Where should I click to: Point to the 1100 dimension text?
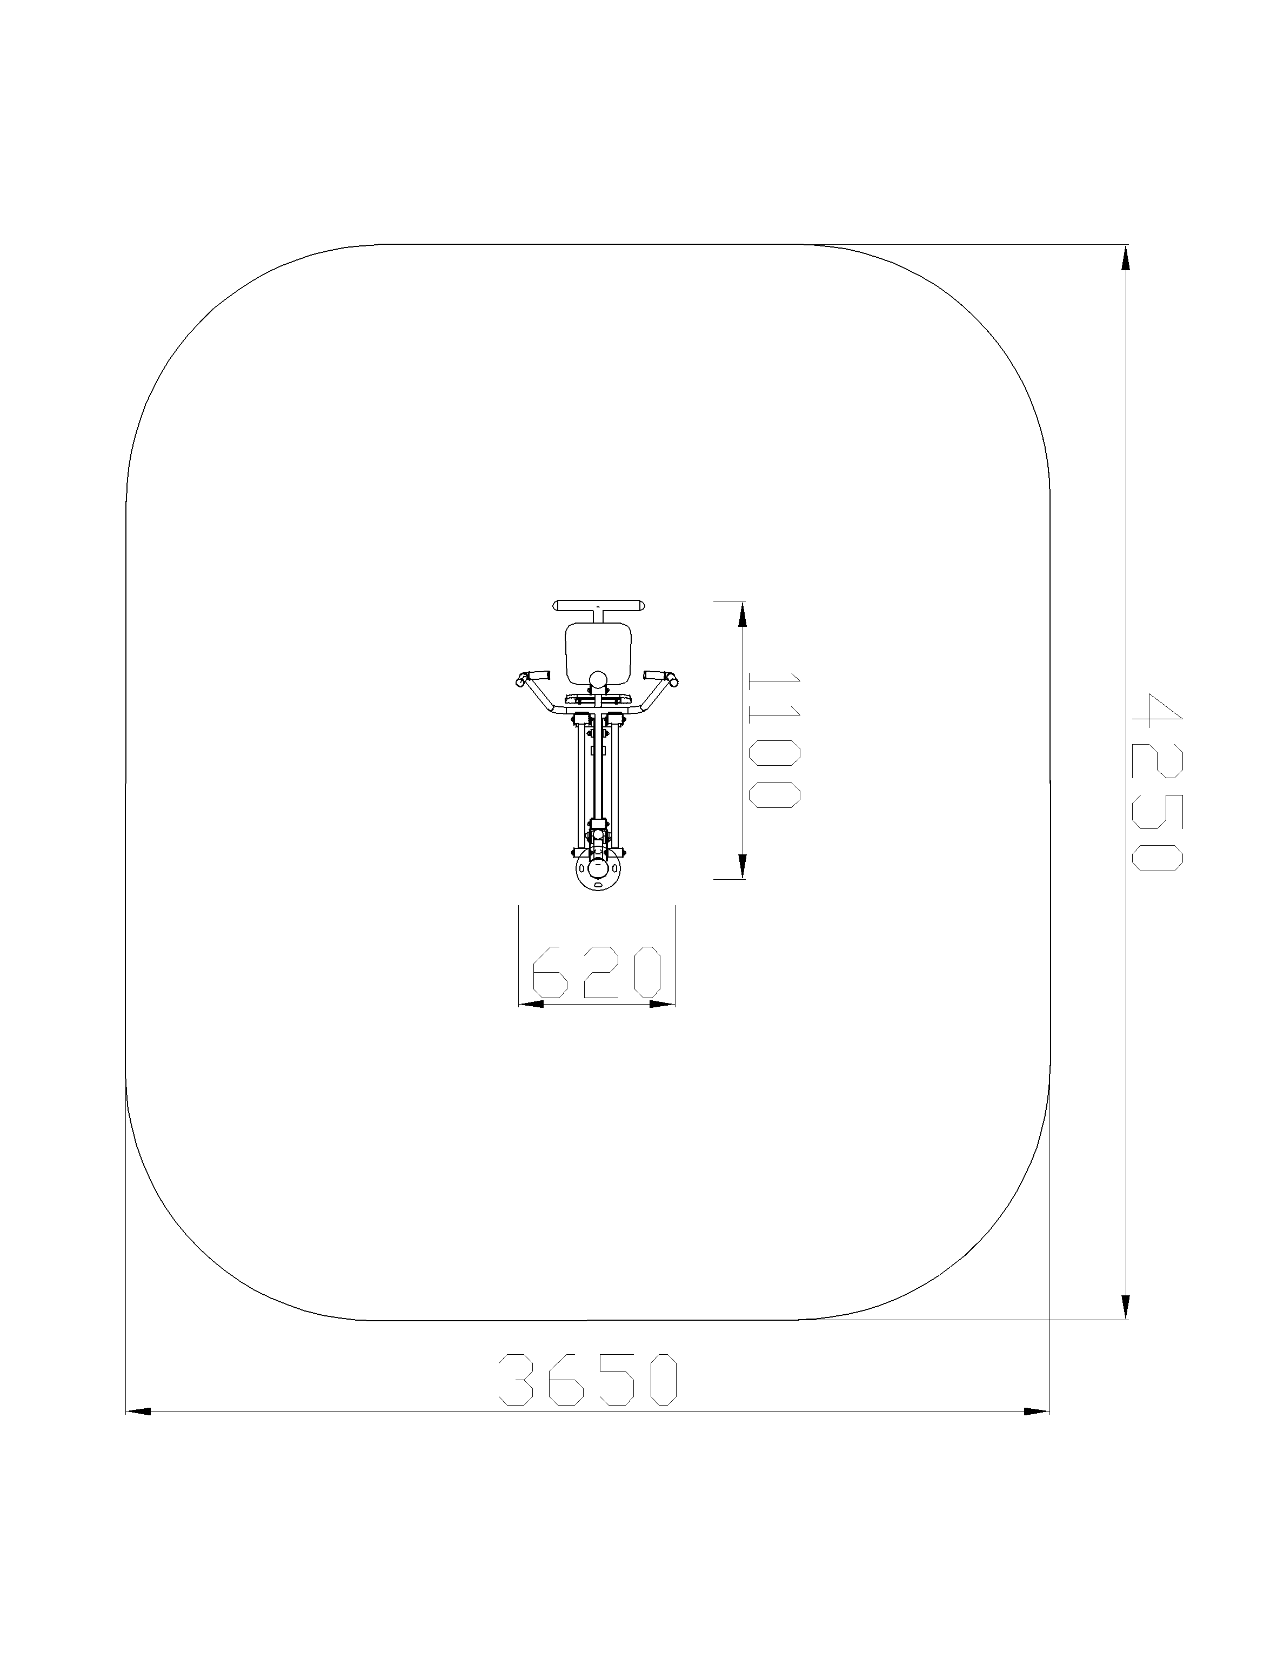click(x=774, y=740)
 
